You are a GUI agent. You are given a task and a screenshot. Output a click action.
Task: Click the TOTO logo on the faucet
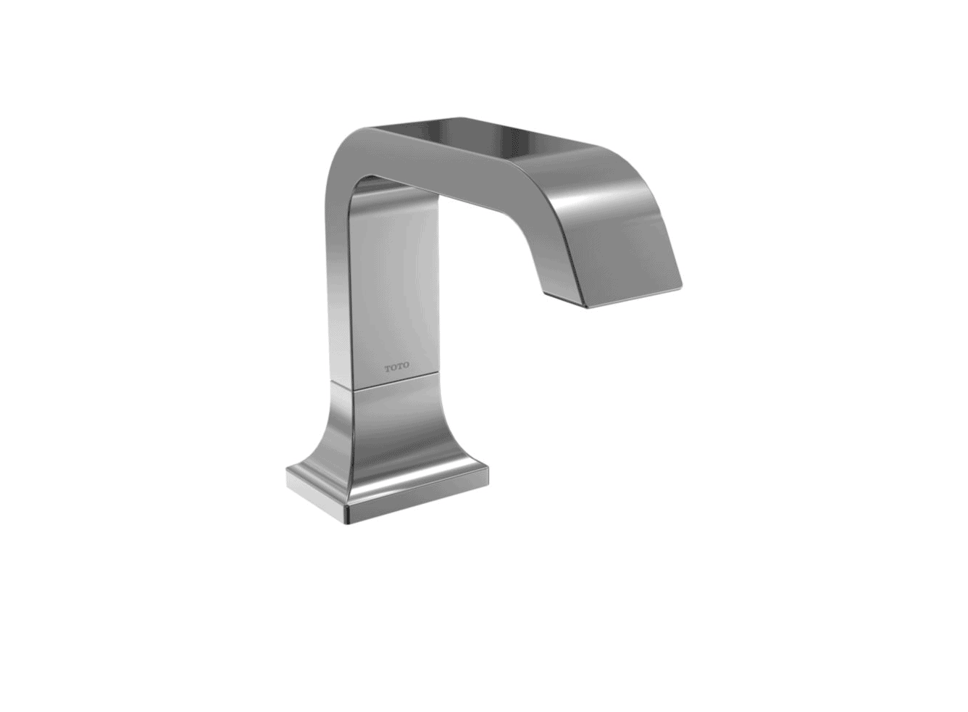point(396,366)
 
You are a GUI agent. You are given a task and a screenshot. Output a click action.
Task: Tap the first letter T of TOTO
point(388,366)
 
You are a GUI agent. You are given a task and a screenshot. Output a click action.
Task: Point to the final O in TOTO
point(405,366)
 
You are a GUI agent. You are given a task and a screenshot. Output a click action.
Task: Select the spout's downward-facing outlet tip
point(630,290)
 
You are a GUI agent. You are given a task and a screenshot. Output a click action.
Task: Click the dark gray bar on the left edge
point(64,356)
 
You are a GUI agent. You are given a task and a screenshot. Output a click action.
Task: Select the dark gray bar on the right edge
point(904,356)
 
